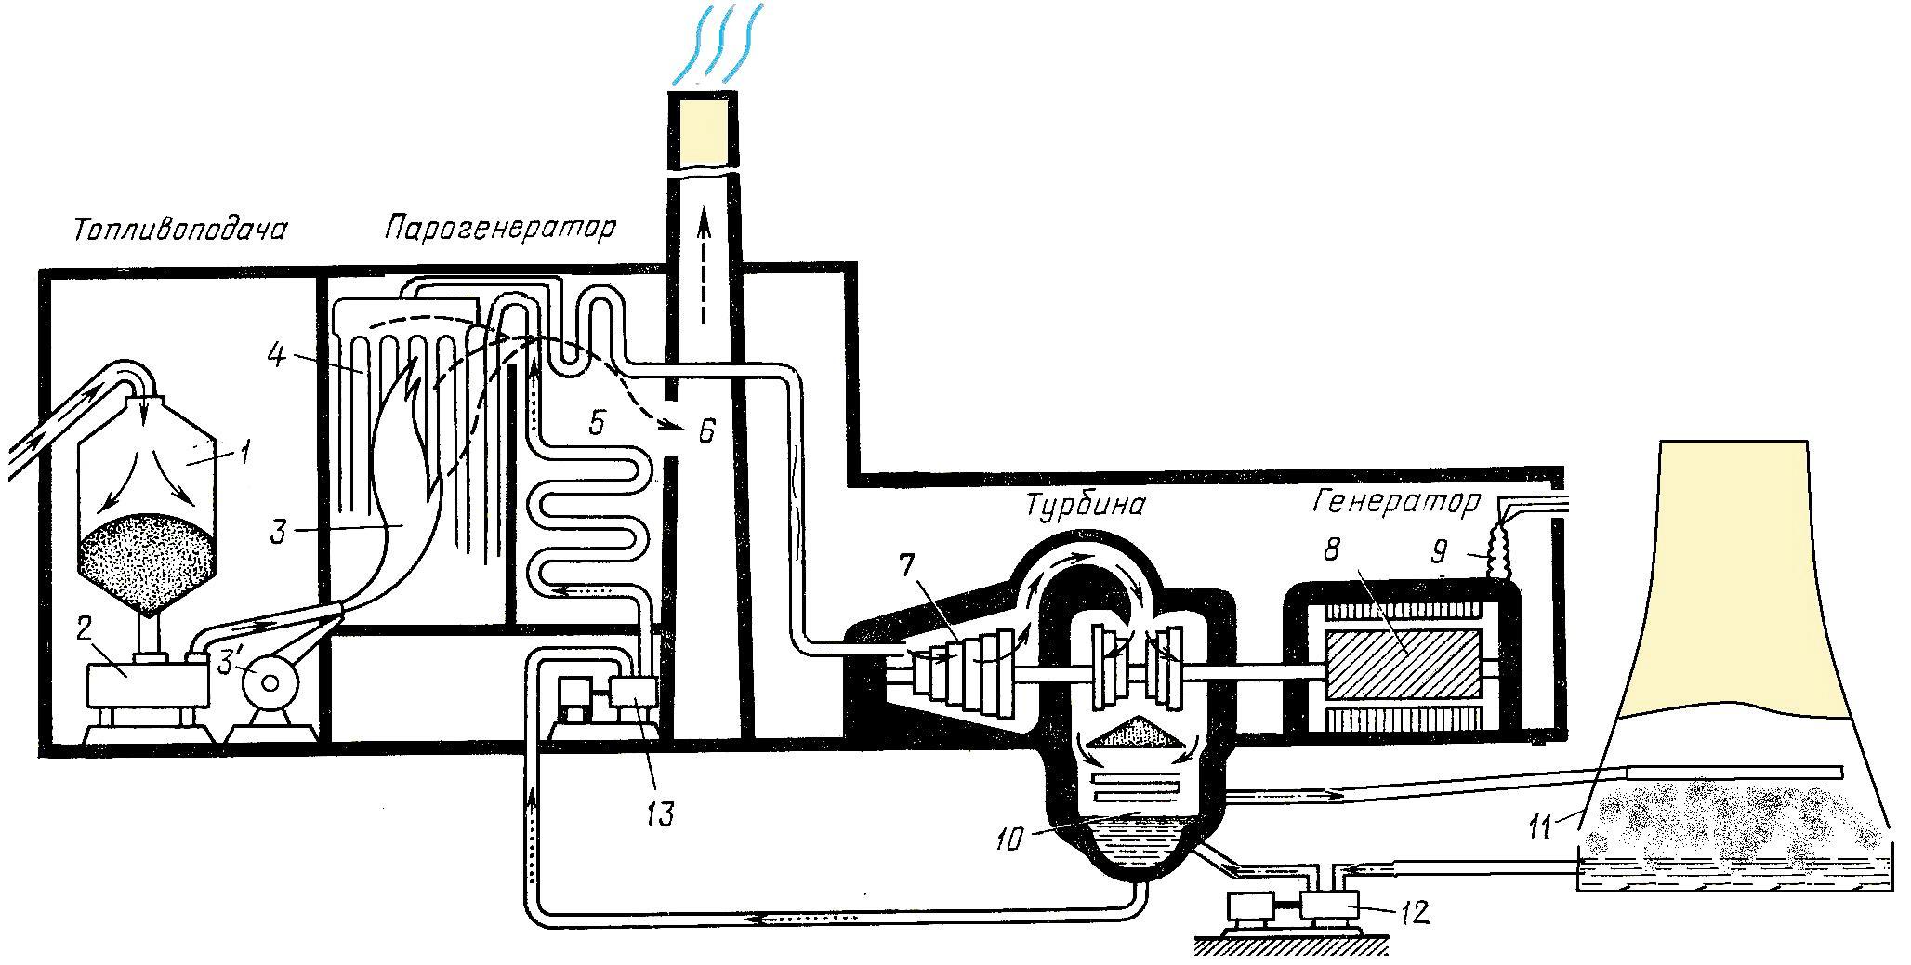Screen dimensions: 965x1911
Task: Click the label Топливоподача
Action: tap(179, 230)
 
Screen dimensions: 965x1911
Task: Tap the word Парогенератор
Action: tap(499, 227)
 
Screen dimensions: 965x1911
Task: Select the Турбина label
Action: tap(1085, 505)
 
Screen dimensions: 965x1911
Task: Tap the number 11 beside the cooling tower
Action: tap(1544, 825)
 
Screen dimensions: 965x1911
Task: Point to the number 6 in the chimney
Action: tap(707, 431)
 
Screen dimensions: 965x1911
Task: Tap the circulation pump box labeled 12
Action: tap(1330, 906)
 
